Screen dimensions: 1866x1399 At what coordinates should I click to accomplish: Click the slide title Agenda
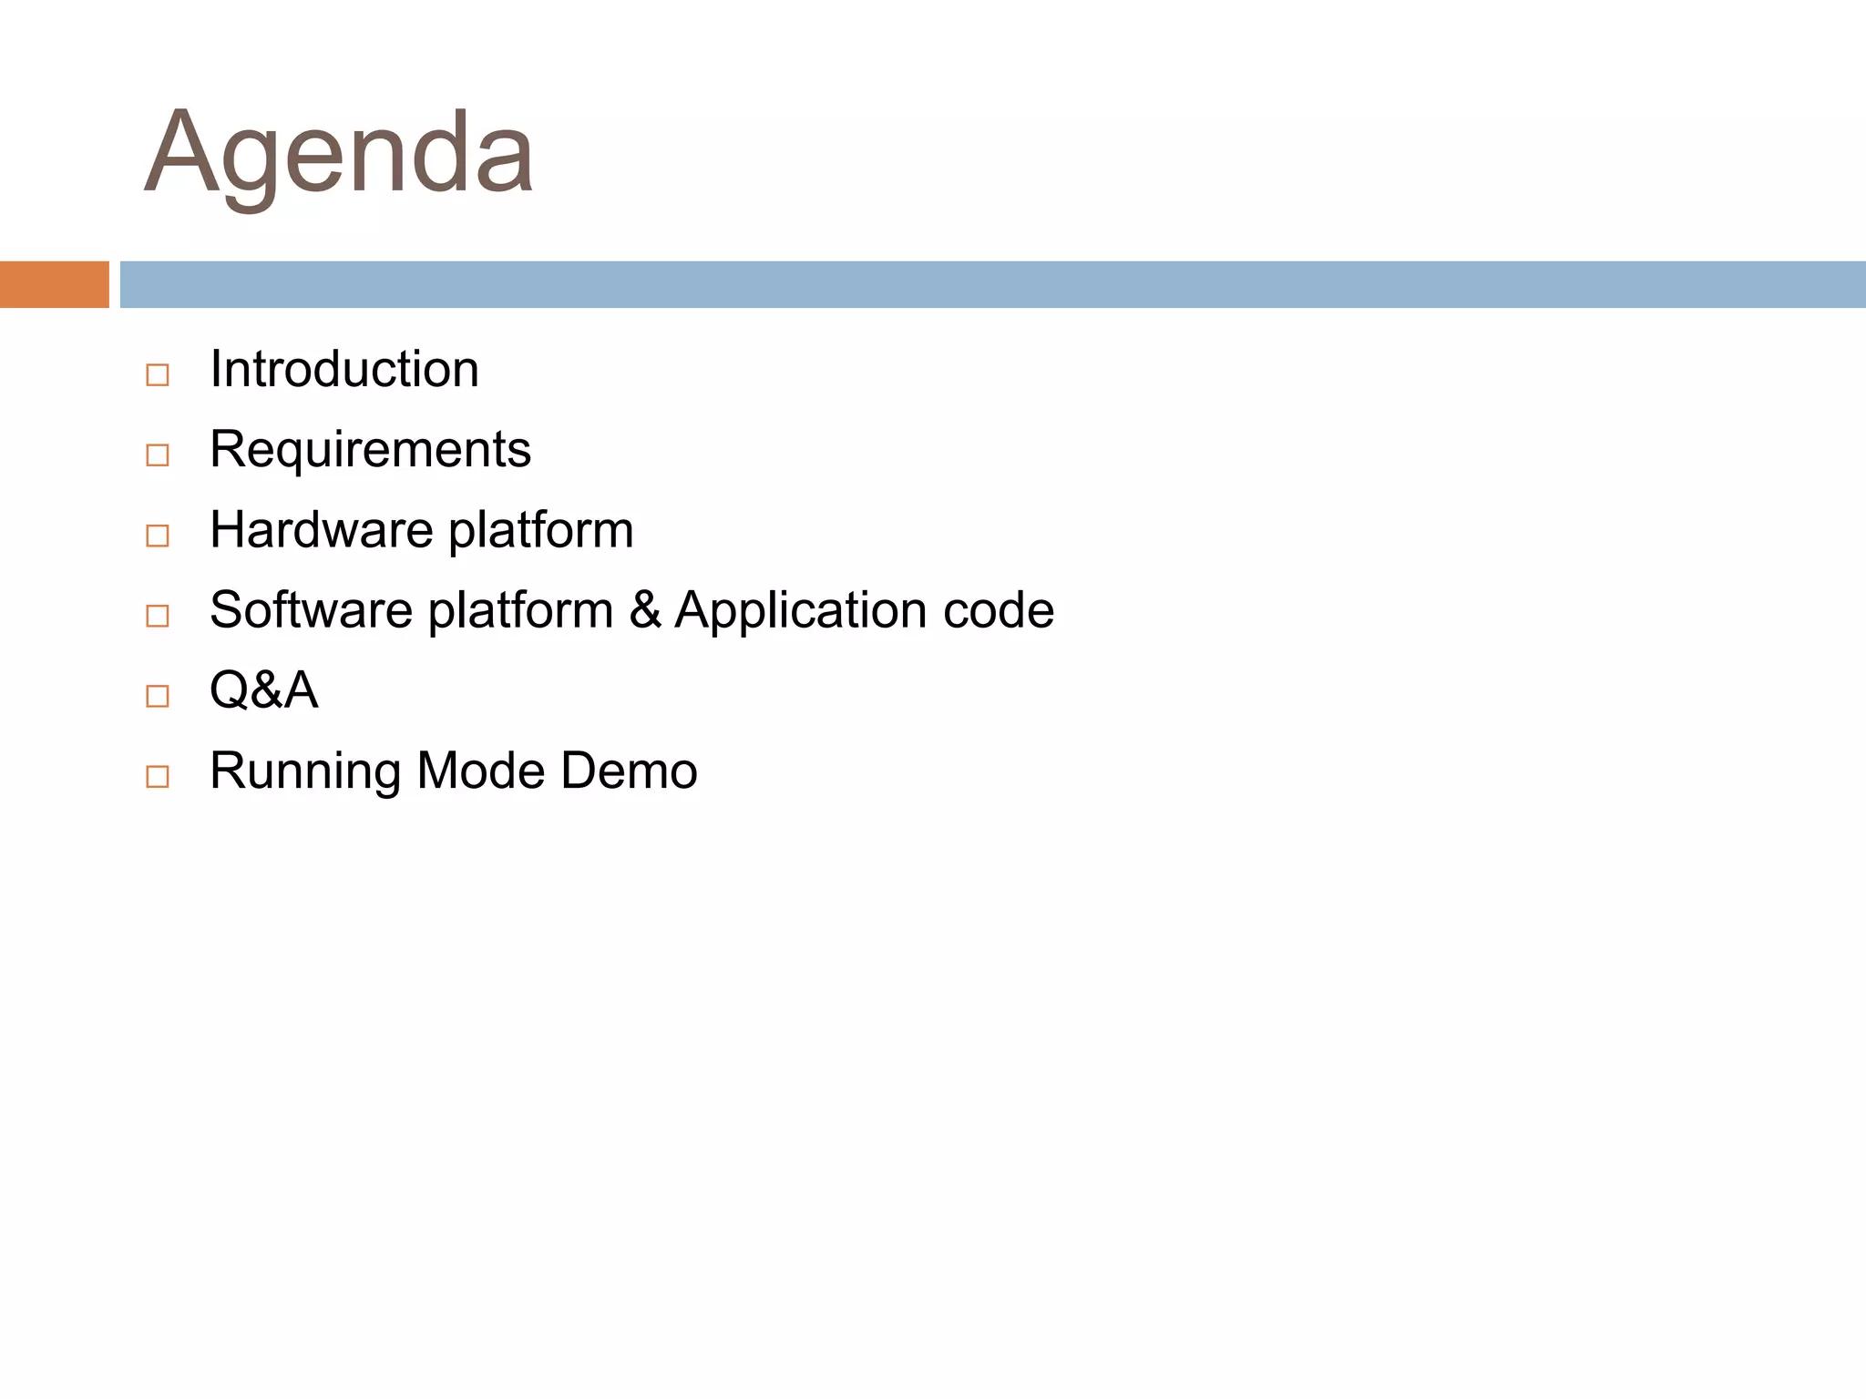[x=339, y=153]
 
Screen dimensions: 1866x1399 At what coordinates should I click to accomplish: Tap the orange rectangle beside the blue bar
[x=54, y=284]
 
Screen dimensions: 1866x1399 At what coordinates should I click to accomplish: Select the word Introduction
[x=343, y=370]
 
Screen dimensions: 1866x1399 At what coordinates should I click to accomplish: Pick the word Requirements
[x=370, y=450]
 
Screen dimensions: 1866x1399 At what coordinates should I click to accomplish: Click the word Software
[x=311, y=610]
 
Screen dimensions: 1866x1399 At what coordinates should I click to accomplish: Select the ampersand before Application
[x=644, y=610]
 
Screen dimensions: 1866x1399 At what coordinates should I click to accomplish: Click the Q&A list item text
[x=263, y=690]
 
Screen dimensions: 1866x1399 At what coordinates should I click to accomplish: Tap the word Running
[x=305, y=771]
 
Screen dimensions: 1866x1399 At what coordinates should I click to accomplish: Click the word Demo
[x=629, y=771]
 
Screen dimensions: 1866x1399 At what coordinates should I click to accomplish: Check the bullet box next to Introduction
[x=158, y=375]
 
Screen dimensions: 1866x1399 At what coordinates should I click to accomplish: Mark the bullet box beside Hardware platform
[x=158, y=536]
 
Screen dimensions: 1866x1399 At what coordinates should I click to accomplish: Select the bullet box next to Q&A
[x=158, y=696]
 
